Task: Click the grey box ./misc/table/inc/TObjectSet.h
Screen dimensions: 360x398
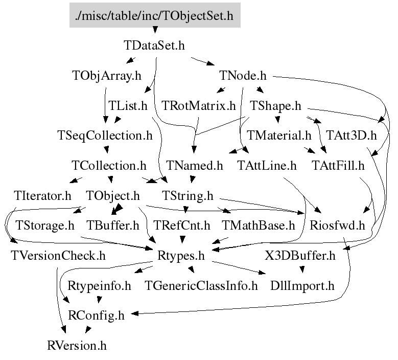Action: (x=154, y=15)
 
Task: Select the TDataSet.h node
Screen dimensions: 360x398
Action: (x=154, y=45)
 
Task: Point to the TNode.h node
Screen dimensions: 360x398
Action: (x=243, y=76)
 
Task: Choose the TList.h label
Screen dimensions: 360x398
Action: (x=128, y=106)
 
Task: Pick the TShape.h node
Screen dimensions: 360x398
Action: (x=275, y=106)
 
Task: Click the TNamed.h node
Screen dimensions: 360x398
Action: (x=194, y=166)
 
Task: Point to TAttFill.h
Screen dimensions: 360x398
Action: (x=338, y=166)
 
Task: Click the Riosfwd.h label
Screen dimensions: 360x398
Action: (x=338, y=225)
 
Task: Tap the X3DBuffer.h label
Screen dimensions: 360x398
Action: (x=300, y=255)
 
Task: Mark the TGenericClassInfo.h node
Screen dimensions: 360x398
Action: (x=202, y=285)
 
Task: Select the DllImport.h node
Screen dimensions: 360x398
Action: (x=302, y=285)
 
